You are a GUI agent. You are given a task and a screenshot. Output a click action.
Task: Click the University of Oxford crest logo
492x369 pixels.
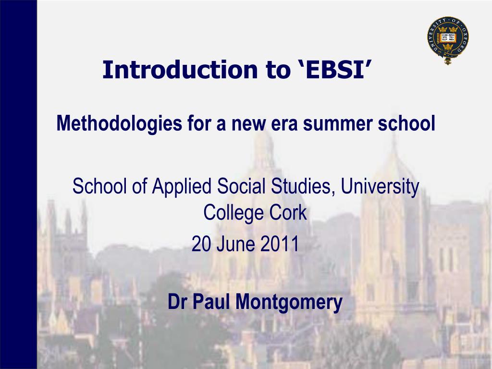[x=448, y=40]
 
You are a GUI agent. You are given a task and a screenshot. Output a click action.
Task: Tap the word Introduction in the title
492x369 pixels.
[x=180, y=69]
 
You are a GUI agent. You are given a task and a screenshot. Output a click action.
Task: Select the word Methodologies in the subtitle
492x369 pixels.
[x=119, y=123]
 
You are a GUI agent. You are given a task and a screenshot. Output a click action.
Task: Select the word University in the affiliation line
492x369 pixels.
[x=380, y=186]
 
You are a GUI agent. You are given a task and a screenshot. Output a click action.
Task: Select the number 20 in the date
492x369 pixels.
[x=201, y=244]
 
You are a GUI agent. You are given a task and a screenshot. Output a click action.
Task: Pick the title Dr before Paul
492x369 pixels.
[x=177, y=302]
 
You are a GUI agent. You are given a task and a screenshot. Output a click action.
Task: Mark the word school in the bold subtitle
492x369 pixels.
[x=406, y=123]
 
